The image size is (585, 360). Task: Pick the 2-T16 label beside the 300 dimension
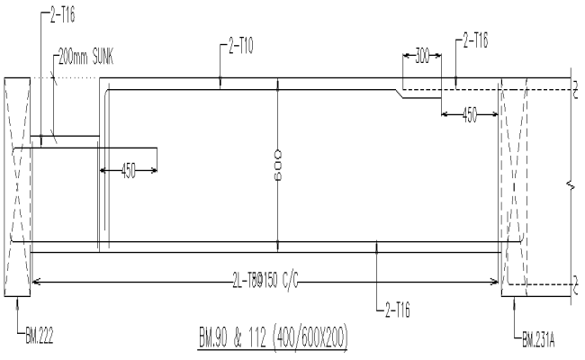478,40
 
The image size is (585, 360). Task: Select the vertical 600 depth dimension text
278,163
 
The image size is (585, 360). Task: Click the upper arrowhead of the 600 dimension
278,84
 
